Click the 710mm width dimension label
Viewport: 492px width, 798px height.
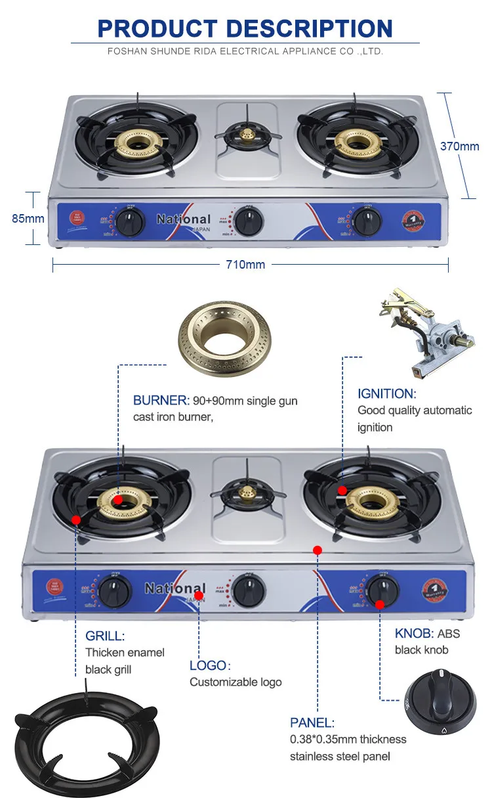click(x=245, y=264)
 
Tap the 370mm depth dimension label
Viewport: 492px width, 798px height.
click(x=459, y=146)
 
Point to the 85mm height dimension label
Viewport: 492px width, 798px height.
click(x=28, y=218)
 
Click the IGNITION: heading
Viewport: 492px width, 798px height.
click(x=386, y=394)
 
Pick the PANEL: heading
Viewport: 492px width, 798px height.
click(x=312, y=722)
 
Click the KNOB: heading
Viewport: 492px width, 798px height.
click(x=414, y=633)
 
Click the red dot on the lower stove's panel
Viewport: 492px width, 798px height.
click(x=318, y=550)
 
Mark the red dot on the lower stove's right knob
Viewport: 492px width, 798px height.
click(x=380, y=604)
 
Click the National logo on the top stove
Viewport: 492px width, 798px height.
click(x=184, y=219)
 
